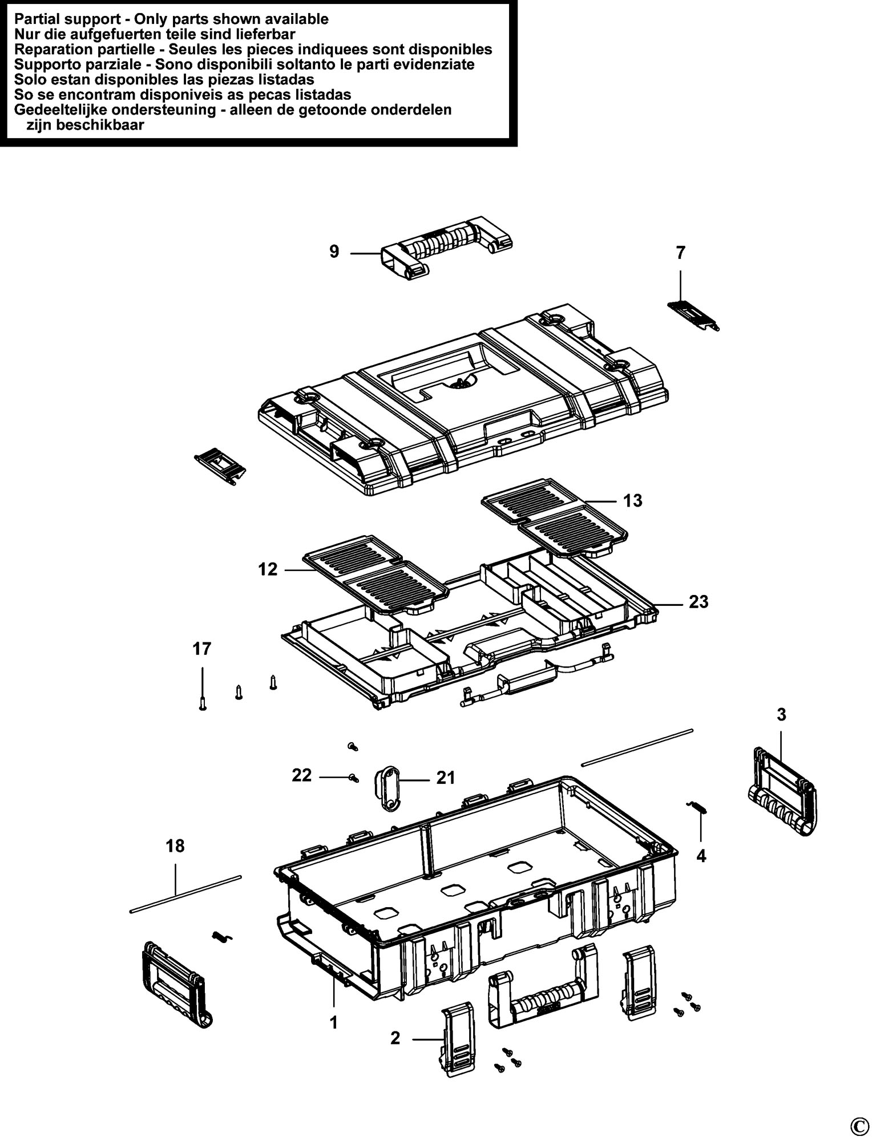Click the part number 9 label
(334, 251)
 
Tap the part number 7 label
(680, 253)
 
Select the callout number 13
(632, 500)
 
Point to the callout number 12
(268, 569)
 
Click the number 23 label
(698, 601)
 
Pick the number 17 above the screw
(202, 649)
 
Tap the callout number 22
(302, 775)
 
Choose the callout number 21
(446, 778)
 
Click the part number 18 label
(175, 845)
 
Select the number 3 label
(781, 714)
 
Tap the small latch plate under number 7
(693, 315)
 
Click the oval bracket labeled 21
(386, 788)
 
